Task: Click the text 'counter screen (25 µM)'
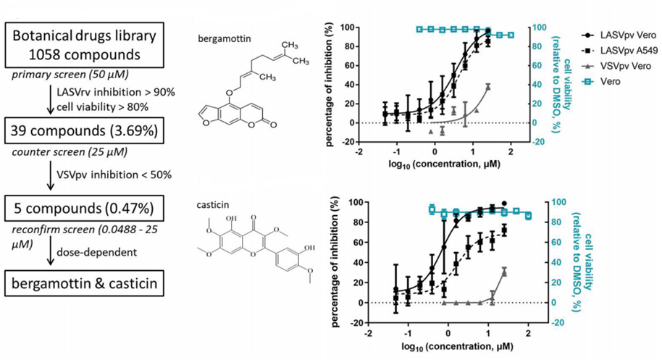click(63, 154)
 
